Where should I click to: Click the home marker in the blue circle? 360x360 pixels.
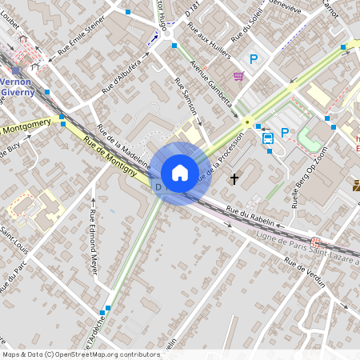point(179,173)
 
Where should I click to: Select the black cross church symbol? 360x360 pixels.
point(234,178)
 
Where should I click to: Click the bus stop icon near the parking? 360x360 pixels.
point(268,138)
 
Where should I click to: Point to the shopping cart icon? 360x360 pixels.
point(238,76)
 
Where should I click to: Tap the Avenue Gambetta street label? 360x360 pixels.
point(210,83)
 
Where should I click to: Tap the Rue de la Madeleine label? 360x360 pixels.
point(123,145)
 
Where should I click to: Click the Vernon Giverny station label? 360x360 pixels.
point(18,86)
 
